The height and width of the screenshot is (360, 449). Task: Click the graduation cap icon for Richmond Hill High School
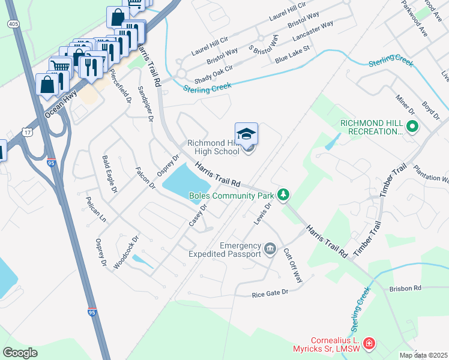[x=246, y=134]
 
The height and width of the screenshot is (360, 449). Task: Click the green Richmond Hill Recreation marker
[x=412, y=127]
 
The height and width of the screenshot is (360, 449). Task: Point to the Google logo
[x=20, y=353]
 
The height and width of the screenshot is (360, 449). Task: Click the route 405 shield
[x=13, y=23]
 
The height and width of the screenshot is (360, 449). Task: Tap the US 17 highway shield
[x=28, y=131]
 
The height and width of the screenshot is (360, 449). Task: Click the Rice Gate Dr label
[x=270, y=293]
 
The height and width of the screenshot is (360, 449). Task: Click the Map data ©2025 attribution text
[x=423, y=355]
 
